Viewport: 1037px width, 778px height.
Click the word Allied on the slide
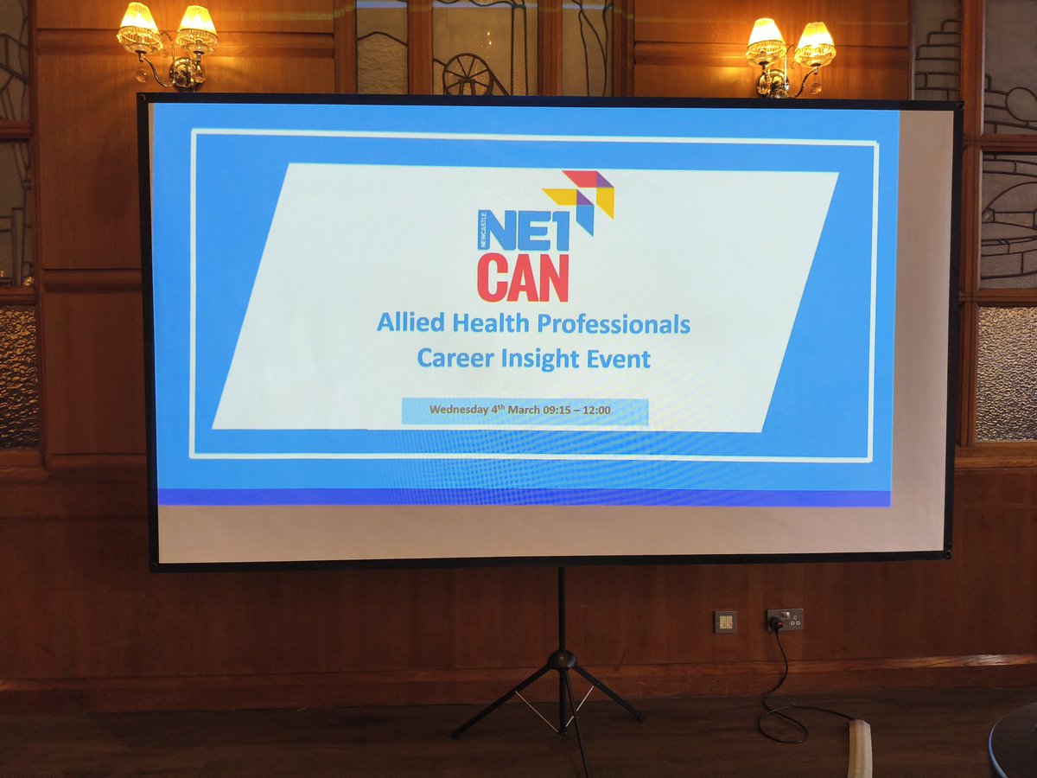411,324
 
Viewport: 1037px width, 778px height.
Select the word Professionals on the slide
614,325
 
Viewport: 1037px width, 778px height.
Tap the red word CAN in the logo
522,277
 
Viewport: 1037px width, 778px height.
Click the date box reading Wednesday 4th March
525,411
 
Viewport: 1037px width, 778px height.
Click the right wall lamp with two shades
791,54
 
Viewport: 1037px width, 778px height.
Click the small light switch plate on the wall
725,621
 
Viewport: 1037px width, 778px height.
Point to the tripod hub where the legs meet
562,660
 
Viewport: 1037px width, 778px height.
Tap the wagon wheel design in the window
470,75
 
